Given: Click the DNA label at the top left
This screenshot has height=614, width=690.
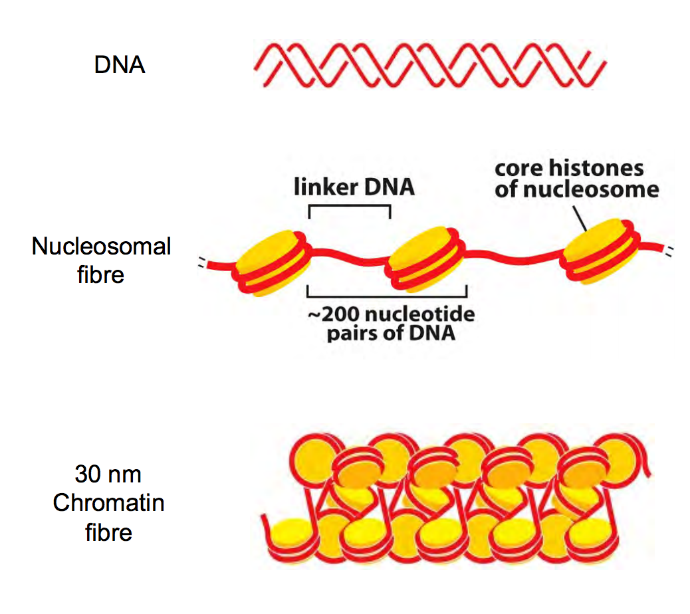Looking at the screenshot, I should (x=120, y=66).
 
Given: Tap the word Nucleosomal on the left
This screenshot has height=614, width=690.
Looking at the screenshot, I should (x=101, y=247).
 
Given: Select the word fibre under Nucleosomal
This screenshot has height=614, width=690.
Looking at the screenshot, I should (x=101, y=274).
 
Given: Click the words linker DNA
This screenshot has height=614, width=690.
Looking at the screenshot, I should (x=354, y=187).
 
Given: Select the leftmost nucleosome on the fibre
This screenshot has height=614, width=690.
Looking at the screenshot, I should (x=273, y=262).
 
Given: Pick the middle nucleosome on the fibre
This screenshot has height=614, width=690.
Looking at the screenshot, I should (x=425, y=258).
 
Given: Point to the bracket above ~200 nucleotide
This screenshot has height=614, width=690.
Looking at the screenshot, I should (x=387, y=292).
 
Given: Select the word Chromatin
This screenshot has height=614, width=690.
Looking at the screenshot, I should (x=108, y=503).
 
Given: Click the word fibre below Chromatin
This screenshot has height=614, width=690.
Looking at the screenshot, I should (x=108, y=532).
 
